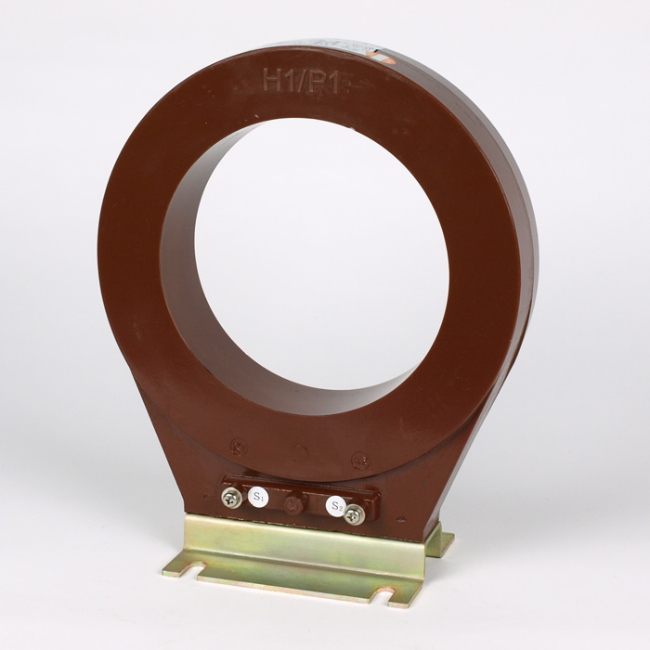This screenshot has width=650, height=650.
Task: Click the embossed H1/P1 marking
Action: (x=305, y=82)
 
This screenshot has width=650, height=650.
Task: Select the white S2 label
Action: (x=337, y=505)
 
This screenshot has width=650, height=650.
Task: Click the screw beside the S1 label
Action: (x=228, y=499)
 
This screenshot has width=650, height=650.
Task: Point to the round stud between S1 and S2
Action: (x=295, y=504)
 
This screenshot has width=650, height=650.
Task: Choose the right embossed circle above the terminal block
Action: (x=358, y=461)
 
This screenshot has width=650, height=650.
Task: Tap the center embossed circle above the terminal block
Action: (x=300, y=452)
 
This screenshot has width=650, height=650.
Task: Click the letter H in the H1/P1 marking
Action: (x=273, y=80)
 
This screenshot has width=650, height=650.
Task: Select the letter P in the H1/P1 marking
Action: (x=322, y=84)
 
